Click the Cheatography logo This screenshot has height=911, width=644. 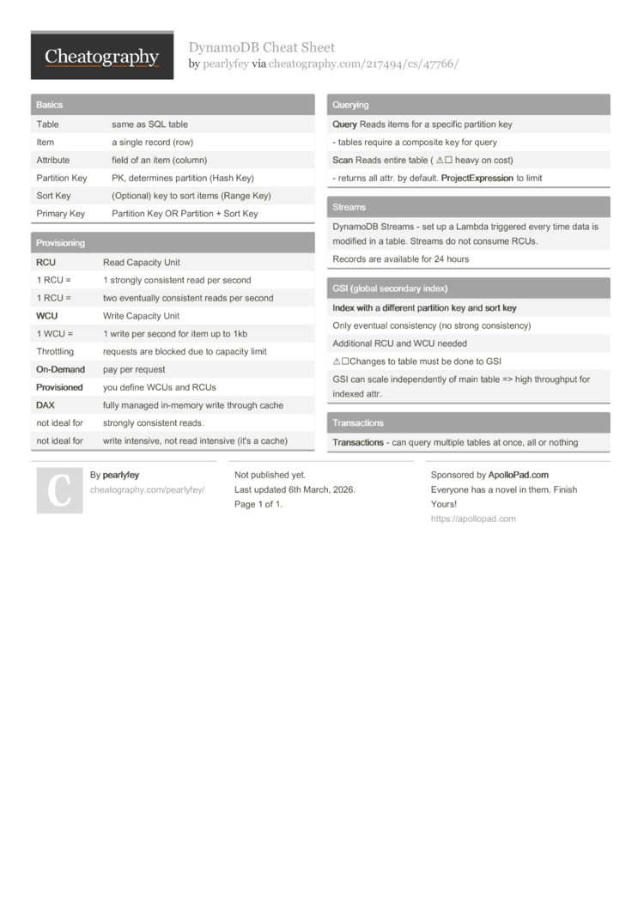[101, 57]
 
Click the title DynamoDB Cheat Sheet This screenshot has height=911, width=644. [262, 47]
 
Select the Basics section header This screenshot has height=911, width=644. [49, 105]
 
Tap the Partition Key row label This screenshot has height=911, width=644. [61, 178]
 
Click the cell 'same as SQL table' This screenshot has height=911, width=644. [149, 125]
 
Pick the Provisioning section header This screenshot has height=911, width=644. [60, 243]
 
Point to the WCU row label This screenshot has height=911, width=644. [46, 316]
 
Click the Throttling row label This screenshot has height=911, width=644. [55, 351]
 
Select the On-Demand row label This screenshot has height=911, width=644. [60, 369]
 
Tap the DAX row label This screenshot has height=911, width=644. [45, 405]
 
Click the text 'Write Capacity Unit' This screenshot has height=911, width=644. [141, 316]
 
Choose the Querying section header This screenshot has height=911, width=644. [350, 105]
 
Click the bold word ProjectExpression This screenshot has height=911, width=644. [477, 179]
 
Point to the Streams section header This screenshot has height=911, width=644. [349, 207]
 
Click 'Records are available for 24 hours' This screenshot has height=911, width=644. [400, 259]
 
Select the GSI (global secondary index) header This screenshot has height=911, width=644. [390, 288]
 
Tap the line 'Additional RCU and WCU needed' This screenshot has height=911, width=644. [399, 343]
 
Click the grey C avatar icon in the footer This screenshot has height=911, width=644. [59, 490]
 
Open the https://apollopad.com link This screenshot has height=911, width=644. [473, 519]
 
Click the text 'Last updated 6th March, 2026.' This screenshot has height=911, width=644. [295, 489]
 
